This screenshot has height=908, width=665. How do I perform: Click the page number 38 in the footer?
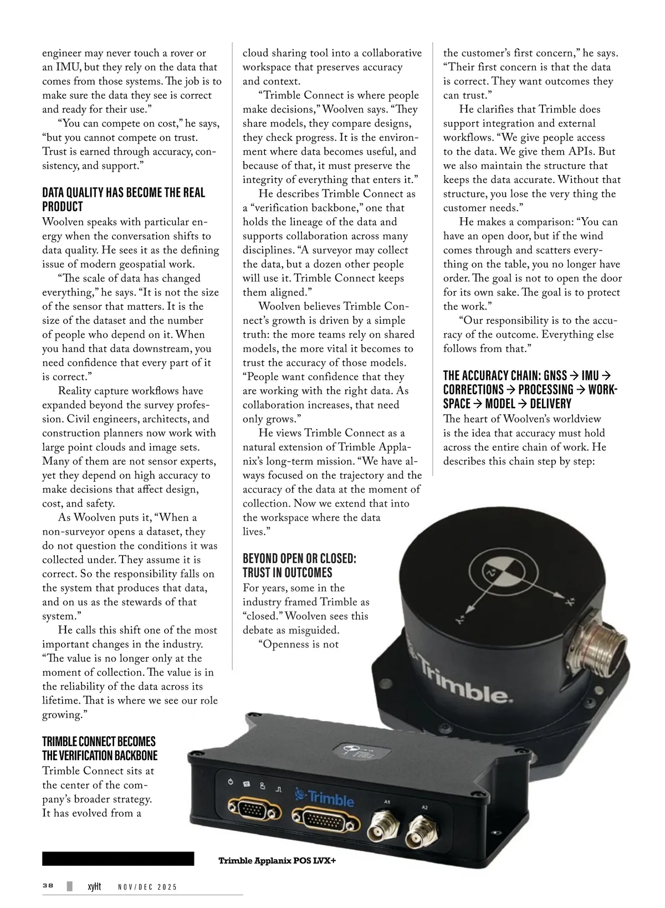tap(48, 886)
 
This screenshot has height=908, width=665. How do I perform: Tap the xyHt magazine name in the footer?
tap(95, 887)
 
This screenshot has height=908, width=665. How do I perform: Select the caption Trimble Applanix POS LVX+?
tap(277, 861)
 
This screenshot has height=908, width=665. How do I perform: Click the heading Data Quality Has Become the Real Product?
tap(124, 200)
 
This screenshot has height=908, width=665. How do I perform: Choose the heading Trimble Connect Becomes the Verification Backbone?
tap(100, 749)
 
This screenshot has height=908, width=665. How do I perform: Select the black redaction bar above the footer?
tap(118, 859)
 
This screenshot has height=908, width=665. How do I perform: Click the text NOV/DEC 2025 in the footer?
tap(148, 887)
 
